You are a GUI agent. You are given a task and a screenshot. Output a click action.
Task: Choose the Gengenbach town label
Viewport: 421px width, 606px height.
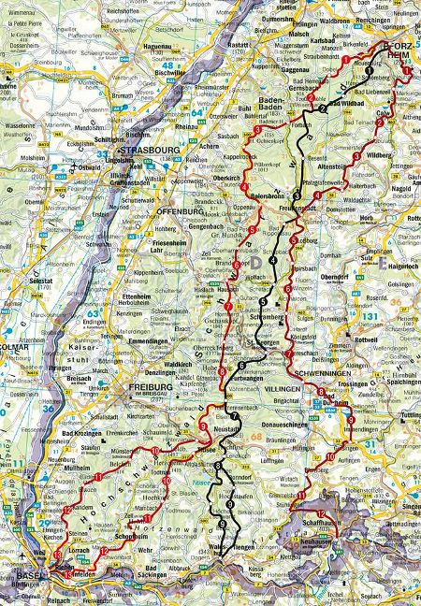tap(205, 226)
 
